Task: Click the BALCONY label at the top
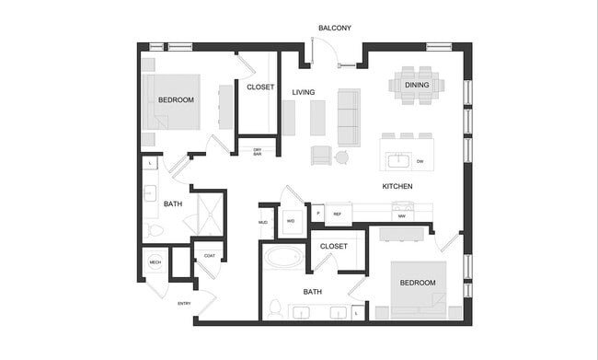tap(335, 29)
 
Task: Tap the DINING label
tap(416, 86)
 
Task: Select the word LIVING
tap(304, 93)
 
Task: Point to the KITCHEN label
tap(397, 187)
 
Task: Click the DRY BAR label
tap(258, 153)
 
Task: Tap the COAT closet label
tap(209, 256)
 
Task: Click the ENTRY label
tap(184, 303)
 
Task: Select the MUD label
tap(263, 222)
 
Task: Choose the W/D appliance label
tap(291, 222)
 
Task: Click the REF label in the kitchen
tap(337, 214)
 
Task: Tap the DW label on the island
tap(420, 162)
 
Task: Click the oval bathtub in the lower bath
tap(283, 257)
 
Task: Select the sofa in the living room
tap(349, 118)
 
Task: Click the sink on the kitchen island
tap(397, 161)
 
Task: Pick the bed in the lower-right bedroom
tap(417, 286)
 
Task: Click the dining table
tap(416, 85)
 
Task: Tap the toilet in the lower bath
tap(276, 308)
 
